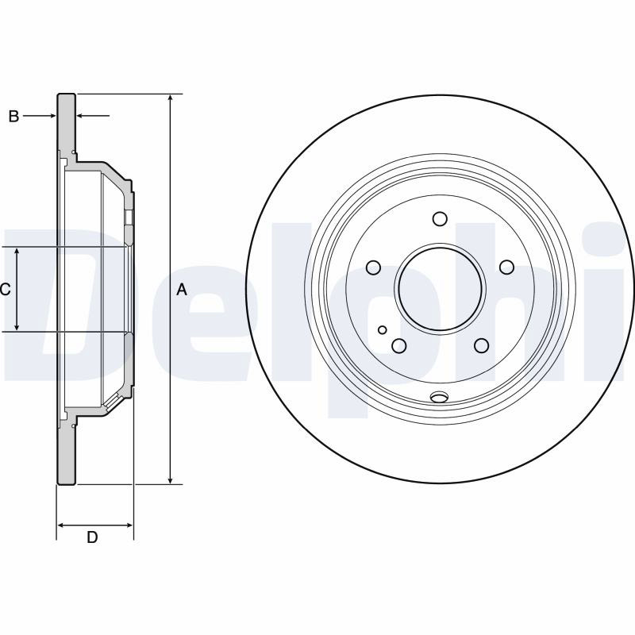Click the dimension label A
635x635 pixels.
click(183, 290)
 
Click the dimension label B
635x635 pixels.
click(13, 117)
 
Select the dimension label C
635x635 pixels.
click(5, 290)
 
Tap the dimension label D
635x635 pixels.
click(92, 537)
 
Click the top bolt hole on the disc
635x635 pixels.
click(440, 219)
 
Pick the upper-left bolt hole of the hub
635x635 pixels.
click(373, 267)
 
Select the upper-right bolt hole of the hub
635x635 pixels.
click(506, 267)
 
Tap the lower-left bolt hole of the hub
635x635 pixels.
click(399, 345)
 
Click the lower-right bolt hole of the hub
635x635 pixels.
click(482, 345)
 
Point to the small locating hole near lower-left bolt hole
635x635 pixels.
click(383, 330)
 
